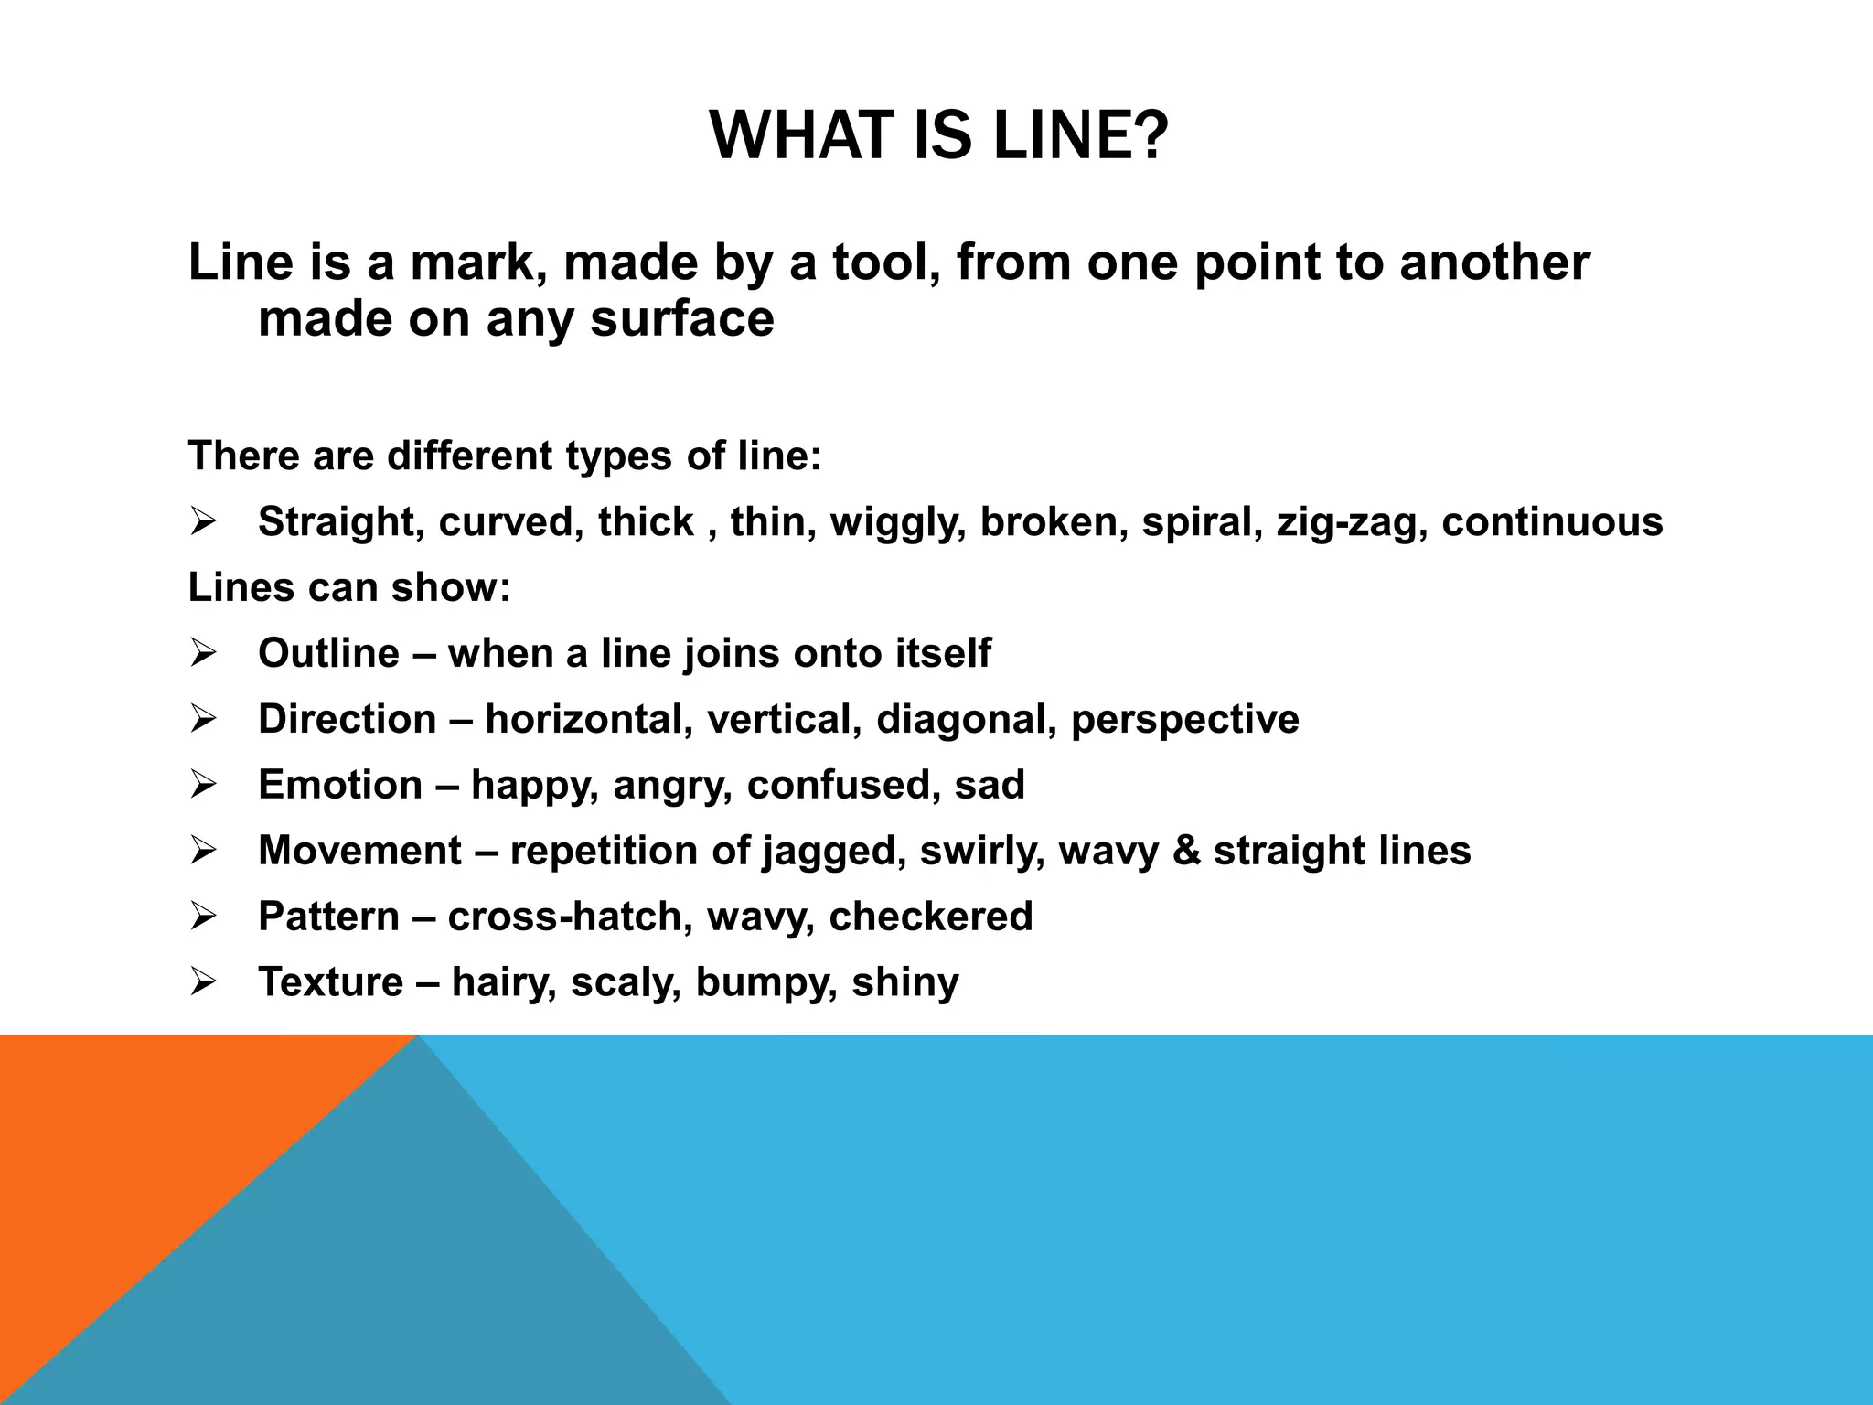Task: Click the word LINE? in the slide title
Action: pyautogui.click(x=1080, y=135)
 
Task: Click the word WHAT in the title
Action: pyautogui.click(x=796, y=135)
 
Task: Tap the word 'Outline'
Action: pyautogui.click(x=328, y=653)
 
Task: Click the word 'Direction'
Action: pyautogui.click(x=348, y=719)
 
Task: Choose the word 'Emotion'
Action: pyautogui.click(x=340, y=785)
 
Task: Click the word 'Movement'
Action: pyautogui.click(x=359, y=851)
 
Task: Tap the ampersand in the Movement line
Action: pyautogui.click(x=1185, y=851)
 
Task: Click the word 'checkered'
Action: pyautogui.click(x=930, y=917)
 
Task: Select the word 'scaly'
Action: pyautogui.click(x=626, y=983)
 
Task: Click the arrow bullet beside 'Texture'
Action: pyautogui.click(x=202, y=982)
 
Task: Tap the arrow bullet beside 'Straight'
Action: pyautogui.click(x=202, y=522)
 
